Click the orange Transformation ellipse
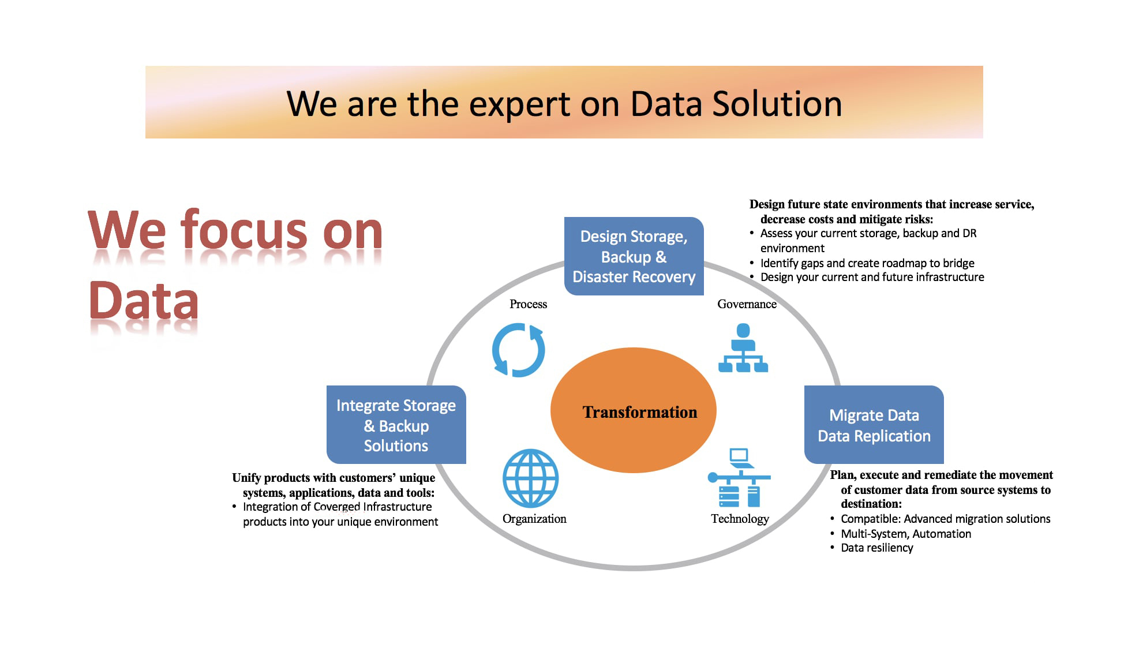click(633, 410)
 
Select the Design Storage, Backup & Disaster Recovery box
click(634, 256)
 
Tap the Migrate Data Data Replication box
click(874, 425)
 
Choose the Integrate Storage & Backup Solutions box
click(396, 425)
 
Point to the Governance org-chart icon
click(743, 348)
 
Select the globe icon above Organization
click(530, 478)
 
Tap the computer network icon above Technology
click(739, 478)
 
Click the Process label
click(528, 304)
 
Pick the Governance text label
click(747, 304)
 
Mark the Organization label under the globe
click(534, 519)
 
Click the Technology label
click(740, 519)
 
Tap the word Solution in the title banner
click(777, 104)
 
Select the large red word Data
click(144, 301)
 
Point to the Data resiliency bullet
click(877, 548)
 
